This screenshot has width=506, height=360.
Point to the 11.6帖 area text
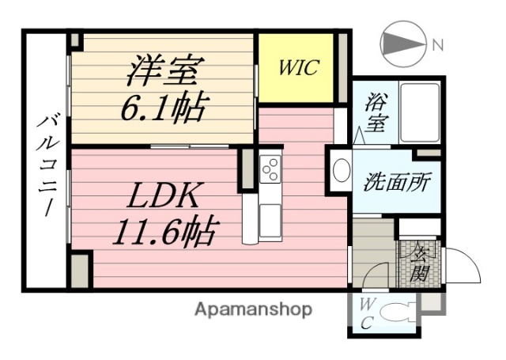pyautogui.click(x=164, y=230)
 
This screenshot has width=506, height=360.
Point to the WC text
pyautogui.click(x=367, y=314)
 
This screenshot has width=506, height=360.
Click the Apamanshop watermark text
pyautogui.click(x=253, y=309)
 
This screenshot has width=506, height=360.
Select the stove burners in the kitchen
pyautogui.click(x=270, y=169)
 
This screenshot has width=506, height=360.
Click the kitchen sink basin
pyautogui.click(x=270, y=215)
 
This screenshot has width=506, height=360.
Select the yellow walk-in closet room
pyautogui.click(x=296, y=67)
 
